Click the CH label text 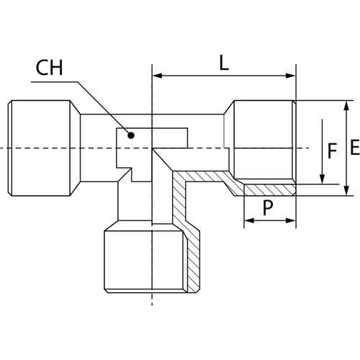click(x=49, y=68)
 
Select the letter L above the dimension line click(x=224, y=63)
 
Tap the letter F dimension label click(x=332, y=150)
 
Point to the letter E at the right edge click(x=355, y=147)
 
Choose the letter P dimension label click(x=268, y=208)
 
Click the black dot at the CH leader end click(x=131, y=135)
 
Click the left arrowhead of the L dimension click(x=158, y=76)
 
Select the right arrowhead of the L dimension click(x=291, y=76)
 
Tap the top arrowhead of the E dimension click(x=346, y=106)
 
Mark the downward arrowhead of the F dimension click(x=323, y=179)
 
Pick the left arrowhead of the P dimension click(x=249, y=220)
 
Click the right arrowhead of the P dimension click(x=291, y=220)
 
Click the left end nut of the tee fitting click(x=44, y=148)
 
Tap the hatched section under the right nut click(x=269, y=190)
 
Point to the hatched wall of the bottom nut click(x=193, y=261)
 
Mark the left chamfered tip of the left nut click(x=10, y=148)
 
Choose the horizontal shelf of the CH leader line click(x=54, y=82)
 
